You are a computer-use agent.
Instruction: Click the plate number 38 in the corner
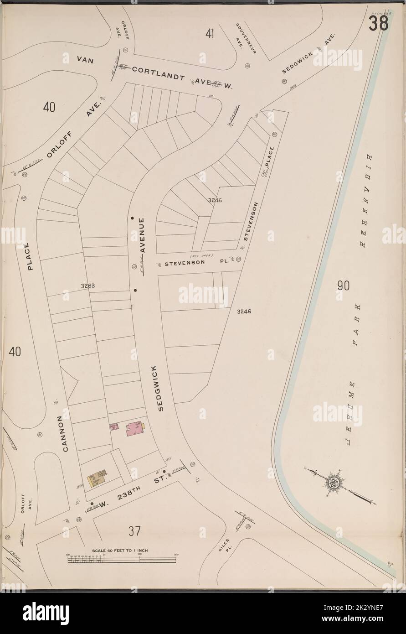click(378, 23)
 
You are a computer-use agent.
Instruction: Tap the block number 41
click(210, 33)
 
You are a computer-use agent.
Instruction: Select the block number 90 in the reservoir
click(343, 286)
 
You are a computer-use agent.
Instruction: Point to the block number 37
click(134, 531)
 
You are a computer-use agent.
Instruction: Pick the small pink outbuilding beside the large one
click(114, 427)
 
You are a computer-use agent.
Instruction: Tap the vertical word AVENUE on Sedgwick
click(142, 235)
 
